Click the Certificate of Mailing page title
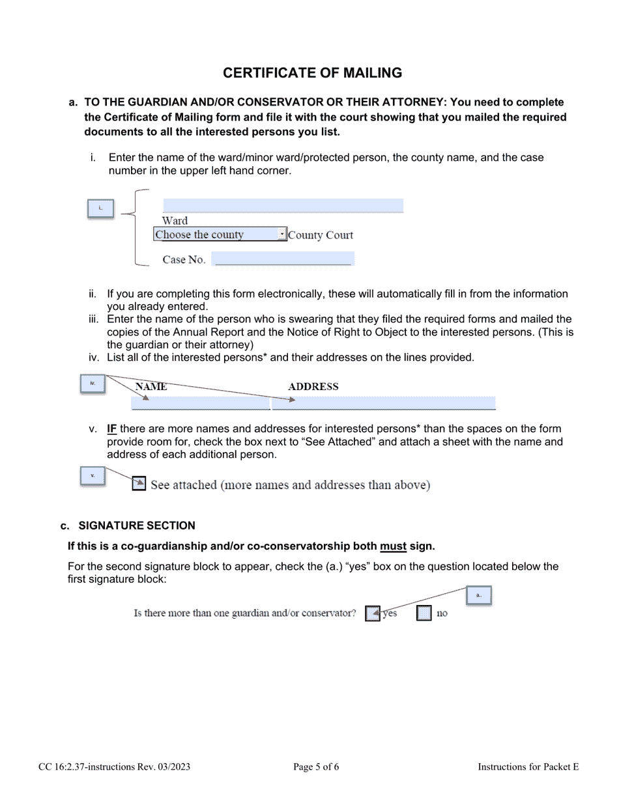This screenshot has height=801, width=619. [312, 73]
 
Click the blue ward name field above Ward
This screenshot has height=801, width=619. [283, 206]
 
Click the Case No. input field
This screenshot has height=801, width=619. [283, 259]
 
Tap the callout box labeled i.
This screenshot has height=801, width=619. [100, 208]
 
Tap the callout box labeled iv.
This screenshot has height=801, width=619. [93, 384]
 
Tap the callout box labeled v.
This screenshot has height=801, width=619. [93, 476]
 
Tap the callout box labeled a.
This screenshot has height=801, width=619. [478, 595]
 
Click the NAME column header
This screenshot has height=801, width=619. [151, 387]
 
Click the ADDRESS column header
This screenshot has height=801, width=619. [313, 387]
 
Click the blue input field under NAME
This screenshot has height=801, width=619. [201, 403]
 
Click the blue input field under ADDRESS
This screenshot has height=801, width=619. [384, 403]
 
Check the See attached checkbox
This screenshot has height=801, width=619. [139, 484]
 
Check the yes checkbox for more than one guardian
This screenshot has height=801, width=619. [372, 613]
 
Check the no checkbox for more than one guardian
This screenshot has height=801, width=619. [424, 613]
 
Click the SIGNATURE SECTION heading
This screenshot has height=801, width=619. [136, 526]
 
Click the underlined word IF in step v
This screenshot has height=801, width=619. [111, 429]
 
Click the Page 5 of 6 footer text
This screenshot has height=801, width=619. [316, 767]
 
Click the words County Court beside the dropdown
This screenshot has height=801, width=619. [321, 235]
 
